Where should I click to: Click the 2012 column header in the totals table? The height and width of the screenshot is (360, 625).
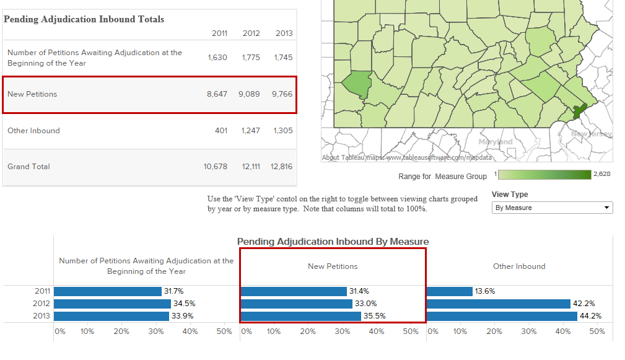click(x=251, y=33)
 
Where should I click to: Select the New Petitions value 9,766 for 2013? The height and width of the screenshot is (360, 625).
click(x=282, y=94)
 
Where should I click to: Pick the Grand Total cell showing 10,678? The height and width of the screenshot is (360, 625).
click(x=216, y=167)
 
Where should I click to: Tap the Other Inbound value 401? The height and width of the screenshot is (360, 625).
click(x=221, y=131)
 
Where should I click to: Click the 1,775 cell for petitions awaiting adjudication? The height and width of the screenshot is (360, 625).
click(x=251, y=58)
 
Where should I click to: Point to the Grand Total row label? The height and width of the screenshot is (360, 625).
click(x=28, y=167)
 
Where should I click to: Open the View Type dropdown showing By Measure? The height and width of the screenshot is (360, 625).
click(x=552, y=208)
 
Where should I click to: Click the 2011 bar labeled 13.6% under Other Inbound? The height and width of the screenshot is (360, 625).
click(x=450, y=291)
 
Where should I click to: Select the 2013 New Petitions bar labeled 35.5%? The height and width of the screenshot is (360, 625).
click(x=300, y=316)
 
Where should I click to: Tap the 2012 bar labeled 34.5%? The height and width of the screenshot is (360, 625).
click(x=112, y=304)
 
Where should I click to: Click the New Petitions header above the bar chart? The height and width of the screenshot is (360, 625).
click(x=333, y=266)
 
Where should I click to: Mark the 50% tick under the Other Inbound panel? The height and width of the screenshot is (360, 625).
click(x=597, y=331)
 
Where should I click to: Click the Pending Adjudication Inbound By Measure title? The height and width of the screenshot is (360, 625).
click(x=333, y=242)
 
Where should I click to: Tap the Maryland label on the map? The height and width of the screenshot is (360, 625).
click(x=496, y=142)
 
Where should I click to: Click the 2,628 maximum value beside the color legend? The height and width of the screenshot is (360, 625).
click(x=601, y=174)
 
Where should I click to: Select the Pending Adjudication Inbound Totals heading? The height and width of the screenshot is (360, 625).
click(x=84, y=19)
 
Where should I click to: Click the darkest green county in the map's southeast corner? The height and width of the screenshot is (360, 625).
click(x=579, y=112)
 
